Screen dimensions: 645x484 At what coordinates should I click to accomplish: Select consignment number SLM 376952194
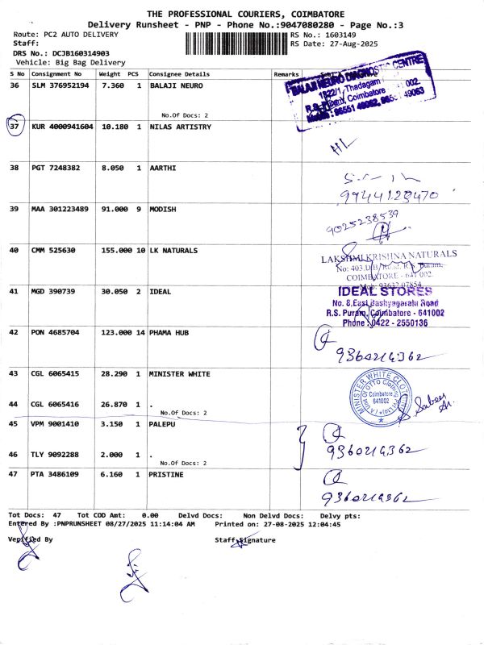pyautogui.click(x=60, y=85)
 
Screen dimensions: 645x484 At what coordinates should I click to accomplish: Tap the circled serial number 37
pyautogui.click(x=15, y=127)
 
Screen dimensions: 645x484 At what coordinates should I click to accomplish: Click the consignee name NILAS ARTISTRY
pyautogui.click(x=181, y=127)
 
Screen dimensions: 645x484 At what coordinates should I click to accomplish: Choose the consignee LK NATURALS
pyautogui.click(x=173, y=251)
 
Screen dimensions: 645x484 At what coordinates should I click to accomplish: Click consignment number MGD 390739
pyautogui.click(x=53, y=291)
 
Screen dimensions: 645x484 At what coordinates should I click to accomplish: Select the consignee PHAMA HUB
pyautogui.click(x=169, y=332)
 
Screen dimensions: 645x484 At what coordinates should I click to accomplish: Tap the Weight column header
pyautogui.click(x=110, y=73)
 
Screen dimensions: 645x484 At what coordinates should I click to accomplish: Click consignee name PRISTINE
pyautogui.click(x=167, y=475)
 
